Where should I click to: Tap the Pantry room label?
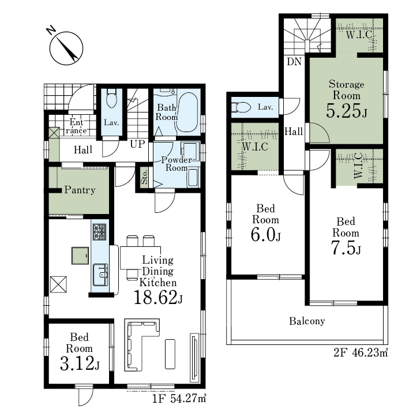tap(80, 190)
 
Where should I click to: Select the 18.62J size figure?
tap(158, 298)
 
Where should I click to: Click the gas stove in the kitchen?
tap(100, 232)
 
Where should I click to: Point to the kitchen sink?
tap(100, 275)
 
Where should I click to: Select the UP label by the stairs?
tap(137, 144)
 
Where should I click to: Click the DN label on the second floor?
tap(294, 62)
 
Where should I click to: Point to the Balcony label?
tap(307, 321)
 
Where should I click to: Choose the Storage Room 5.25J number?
tap(347, 111)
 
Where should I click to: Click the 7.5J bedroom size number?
tap(346, 247)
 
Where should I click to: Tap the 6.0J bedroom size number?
tap(266, 234)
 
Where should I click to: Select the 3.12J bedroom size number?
tap(80, 363)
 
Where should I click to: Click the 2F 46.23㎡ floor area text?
tap(361, 352)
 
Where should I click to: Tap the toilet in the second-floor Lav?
tap(241, 107)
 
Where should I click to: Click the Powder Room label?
tap(177, 164)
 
